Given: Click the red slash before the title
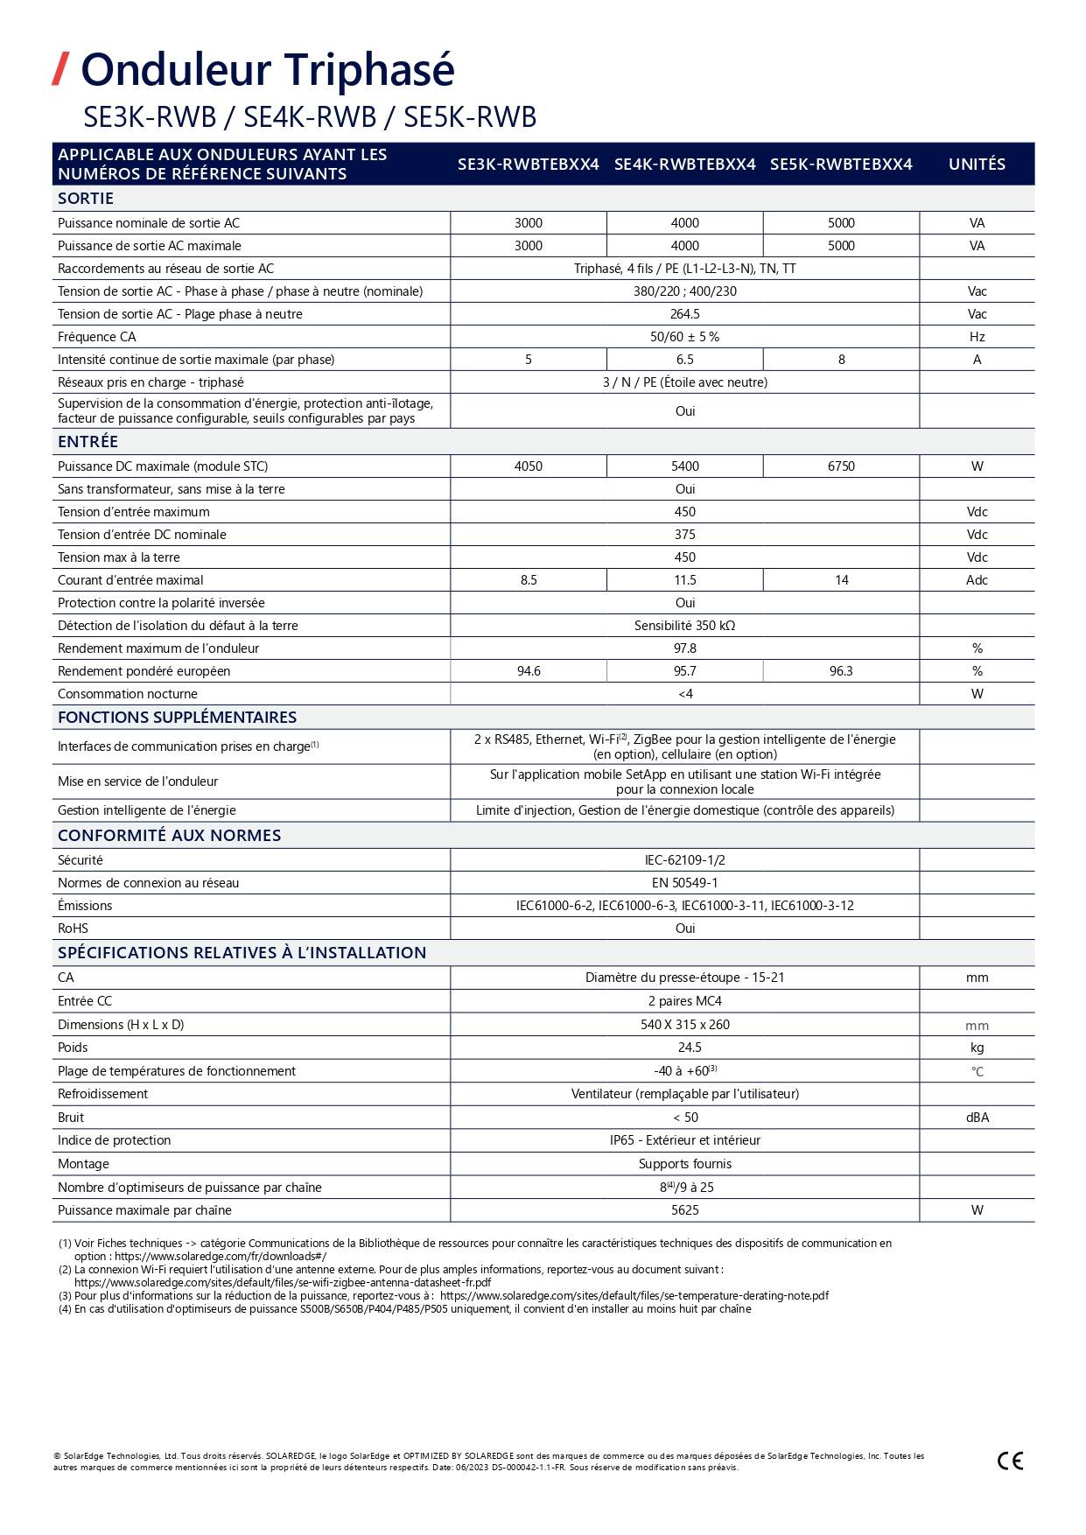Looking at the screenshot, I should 60,69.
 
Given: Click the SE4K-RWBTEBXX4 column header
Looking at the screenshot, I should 684,164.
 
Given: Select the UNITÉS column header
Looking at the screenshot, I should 977,164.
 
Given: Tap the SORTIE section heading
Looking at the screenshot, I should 86,199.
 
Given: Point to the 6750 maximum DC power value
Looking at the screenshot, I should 841,466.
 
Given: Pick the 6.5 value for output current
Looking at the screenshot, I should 684,360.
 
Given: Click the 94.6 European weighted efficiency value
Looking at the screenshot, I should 529,671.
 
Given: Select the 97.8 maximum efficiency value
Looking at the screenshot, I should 684,648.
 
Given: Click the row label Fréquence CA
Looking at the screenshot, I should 97,337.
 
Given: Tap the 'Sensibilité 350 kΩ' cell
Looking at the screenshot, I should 684,626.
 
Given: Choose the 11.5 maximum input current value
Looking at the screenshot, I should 684,580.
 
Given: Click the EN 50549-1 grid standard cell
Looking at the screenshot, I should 684,883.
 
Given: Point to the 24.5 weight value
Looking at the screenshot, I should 689,1048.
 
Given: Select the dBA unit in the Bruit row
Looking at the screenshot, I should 977,1118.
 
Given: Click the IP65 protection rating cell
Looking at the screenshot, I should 684,1140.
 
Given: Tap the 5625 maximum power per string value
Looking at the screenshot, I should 684,1210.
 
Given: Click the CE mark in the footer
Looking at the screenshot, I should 1010,1461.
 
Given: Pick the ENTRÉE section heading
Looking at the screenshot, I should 88,442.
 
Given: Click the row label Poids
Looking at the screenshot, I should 73,1048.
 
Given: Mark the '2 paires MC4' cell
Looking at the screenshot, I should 684,1001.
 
